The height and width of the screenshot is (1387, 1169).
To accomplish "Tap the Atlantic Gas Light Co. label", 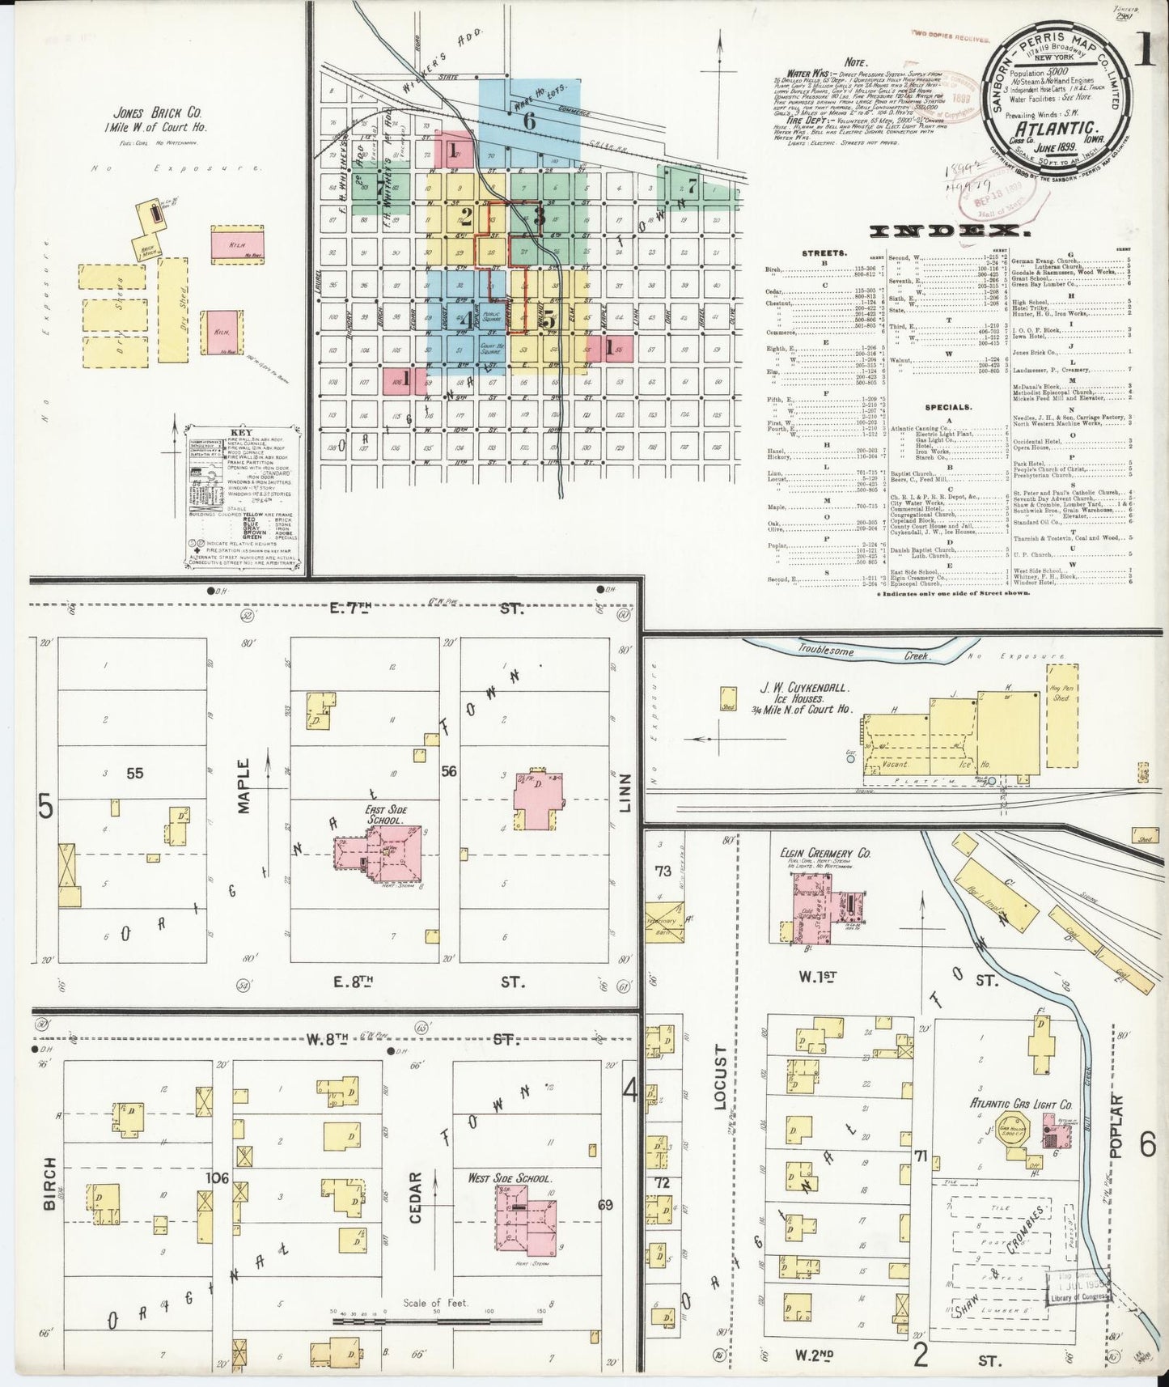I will pos(1021,1104).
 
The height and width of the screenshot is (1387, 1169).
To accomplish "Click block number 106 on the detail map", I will pos(217,1177).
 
